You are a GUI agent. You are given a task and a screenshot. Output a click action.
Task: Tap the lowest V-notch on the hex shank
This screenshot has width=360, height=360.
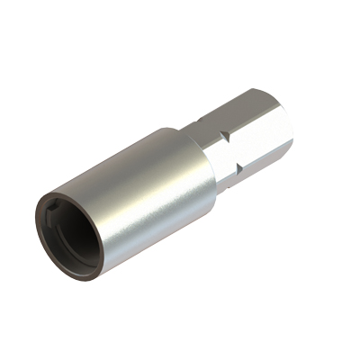tap(237, 169)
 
